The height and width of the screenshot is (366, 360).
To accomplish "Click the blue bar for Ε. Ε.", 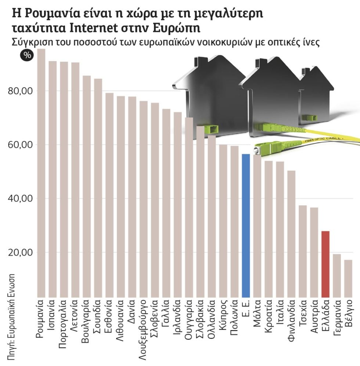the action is pos(246,225).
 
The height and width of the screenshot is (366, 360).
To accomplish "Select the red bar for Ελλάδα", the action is pos(325,264).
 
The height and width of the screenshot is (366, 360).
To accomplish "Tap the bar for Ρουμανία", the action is pos(41,173).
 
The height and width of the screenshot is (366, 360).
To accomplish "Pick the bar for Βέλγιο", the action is pos(348,279).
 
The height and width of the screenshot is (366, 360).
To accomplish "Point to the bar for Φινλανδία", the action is pos(291,234).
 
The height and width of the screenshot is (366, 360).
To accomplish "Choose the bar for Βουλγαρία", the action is pos(87,186).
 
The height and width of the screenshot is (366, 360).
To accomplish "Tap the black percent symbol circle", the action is pos(27,55).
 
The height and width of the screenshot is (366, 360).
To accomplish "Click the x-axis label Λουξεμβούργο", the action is pos(144,330).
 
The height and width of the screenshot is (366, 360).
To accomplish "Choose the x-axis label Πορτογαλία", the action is pos(63,324).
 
